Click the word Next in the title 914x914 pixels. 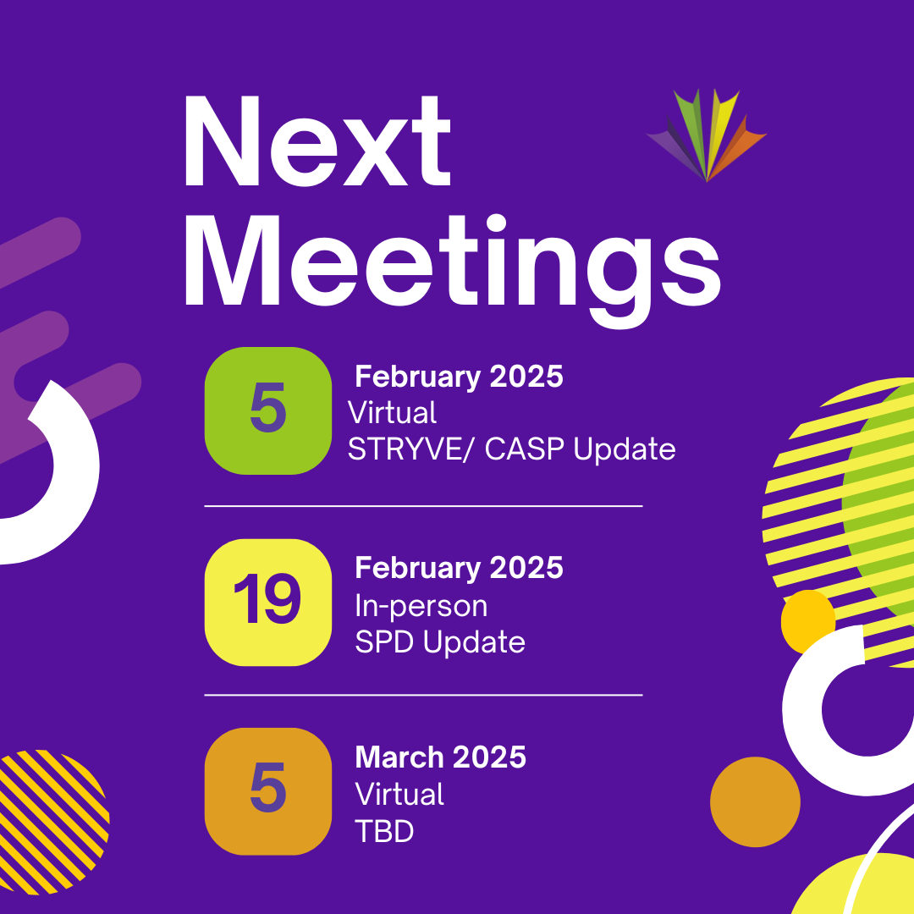coord(317,141)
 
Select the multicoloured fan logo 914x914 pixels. coord(707,135)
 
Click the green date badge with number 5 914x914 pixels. coord(268,411)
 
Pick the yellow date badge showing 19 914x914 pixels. coord(268,603)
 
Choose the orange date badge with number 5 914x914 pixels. coord(268,791)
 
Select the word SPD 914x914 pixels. coord(385,641)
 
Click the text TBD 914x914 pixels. coord(384,831)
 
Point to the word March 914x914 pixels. coord(398,757)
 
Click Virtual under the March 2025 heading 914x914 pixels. coord(399,793)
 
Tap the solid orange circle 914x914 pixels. coord(755,802)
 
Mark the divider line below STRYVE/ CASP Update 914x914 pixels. coord(423,507)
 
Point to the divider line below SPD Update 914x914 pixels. coord(423,695)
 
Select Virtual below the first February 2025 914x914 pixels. coord(392,413)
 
